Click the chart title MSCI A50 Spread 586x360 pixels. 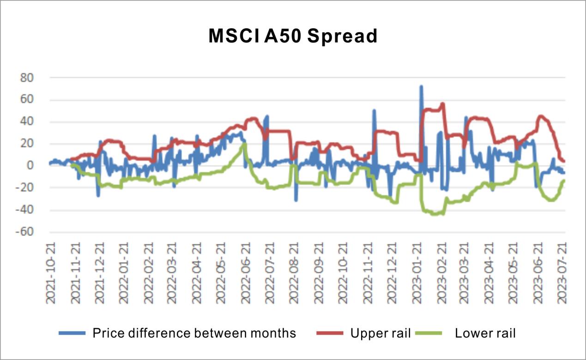293,36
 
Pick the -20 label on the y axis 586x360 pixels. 25,187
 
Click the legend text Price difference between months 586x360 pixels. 194,333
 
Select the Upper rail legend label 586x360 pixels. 381,333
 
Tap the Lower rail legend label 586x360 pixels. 485,333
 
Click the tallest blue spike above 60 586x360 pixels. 421,87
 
